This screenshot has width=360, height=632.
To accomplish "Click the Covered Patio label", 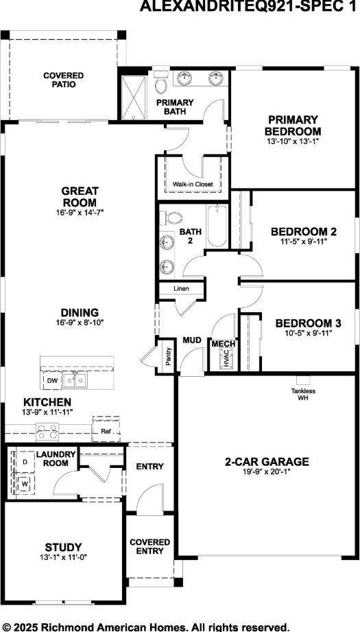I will (x=63, y=80).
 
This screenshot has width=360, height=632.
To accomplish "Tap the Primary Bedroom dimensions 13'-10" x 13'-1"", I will (x=293, y=141).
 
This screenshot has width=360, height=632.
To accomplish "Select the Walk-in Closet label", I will (x=192, y=185).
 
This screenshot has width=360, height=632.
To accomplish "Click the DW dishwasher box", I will (x=52, y=379).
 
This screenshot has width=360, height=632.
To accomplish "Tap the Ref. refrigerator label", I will (x=106, y=432).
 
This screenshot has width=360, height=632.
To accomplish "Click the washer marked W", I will (x=25, y=484).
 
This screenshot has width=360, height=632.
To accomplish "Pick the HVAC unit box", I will (x=223, y=358).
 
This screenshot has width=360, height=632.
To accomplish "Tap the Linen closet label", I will (x=181, y=288).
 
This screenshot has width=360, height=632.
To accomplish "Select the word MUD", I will (x=191, y=340).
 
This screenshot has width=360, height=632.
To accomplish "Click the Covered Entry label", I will (x=149, y=546).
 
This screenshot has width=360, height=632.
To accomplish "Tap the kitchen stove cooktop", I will (x=47, y=432).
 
